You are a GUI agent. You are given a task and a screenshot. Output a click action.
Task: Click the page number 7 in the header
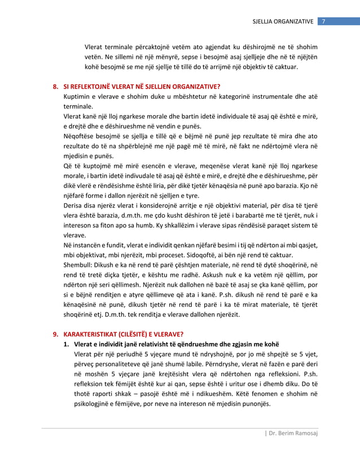click(323, 21)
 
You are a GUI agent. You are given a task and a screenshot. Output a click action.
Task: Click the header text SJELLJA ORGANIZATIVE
click(286, 21)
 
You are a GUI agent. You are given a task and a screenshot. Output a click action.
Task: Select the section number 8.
click(55, 87)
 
